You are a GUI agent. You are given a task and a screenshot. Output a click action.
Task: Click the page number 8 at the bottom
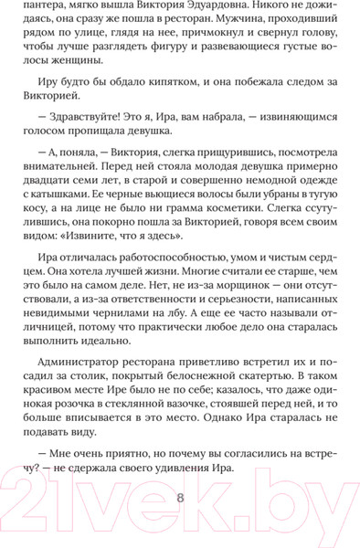(x=180, y=498)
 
